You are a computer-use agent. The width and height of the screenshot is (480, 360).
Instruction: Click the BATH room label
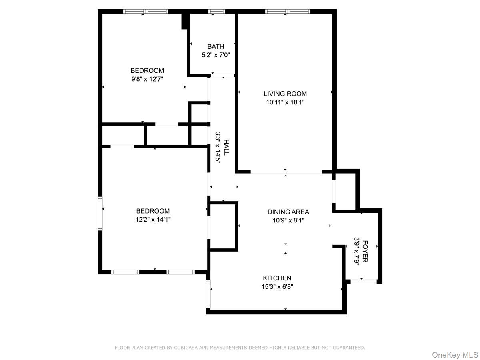[216, 47]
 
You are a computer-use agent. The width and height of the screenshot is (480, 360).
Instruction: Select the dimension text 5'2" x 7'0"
[216, 55]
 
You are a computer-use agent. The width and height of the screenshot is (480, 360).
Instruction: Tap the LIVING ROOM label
[285, 94]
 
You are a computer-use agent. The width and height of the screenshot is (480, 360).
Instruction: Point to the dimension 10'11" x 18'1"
[285, 102]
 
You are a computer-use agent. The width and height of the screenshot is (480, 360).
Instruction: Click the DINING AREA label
[288, 212]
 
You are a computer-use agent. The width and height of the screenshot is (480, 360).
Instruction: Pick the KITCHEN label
[277, 278]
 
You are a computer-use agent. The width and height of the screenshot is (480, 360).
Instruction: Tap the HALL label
[226, 147]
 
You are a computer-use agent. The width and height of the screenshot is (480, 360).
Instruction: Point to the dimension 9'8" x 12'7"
[147, 79]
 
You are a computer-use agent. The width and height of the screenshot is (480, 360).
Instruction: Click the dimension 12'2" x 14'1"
[153, 219]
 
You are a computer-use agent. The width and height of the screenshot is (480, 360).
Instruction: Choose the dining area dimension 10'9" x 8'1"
[288, 220]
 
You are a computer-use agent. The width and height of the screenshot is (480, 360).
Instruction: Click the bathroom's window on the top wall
[216, 11]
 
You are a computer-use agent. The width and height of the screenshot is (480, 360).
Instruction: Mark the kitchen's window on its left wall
[208, 294]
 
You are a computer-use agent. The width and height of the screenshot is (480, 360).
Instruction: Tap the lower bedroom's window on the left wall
[100, 213]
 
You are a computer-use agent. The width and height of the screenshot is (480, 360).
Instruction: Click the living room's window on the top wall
[288, 11]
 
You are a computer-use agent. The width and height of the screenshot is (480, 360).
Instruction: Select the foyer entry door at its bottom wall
[364, 281]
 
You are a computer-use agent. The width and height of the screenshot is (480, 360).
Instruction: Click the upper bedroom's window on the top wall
[146, 11]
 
